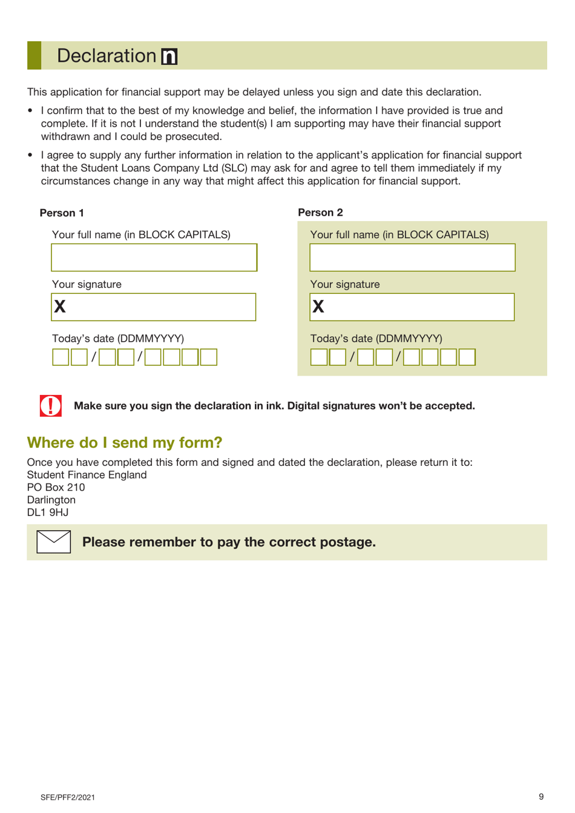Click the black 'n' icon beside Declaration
[x=169, y=56]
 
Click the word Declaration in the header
[x=107, y=56]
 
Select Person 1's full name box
[x=154, y=257]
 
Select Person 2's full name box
[x=412, y=257]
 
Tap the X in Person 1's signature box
[x=60, y=307]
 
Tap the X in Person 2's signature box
[x=318, y=307]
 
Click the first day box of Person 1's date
[x=61, y=357]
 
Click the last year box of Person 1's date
[x=209, y=357]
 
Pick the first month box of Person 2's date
[x=366, y=357]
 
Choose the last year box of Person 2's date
[x=467, y=357]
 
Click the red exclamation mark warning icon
[x=51, y=405]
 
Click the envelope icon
[x=54, y=541]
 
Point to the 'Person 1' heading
[x=62, y=213]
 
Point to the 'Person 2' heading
[x=320, y=212]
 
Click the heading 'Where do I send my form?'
[x=125, y=442]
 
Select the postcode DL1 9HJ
[x=48, y=513]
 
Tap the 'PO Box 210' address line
[x=56, y=487]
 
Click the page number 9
[x=541, y=797]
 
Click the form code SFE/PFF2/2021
[x=68, y=797]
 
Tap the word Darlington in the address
[x=51, y=500]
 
